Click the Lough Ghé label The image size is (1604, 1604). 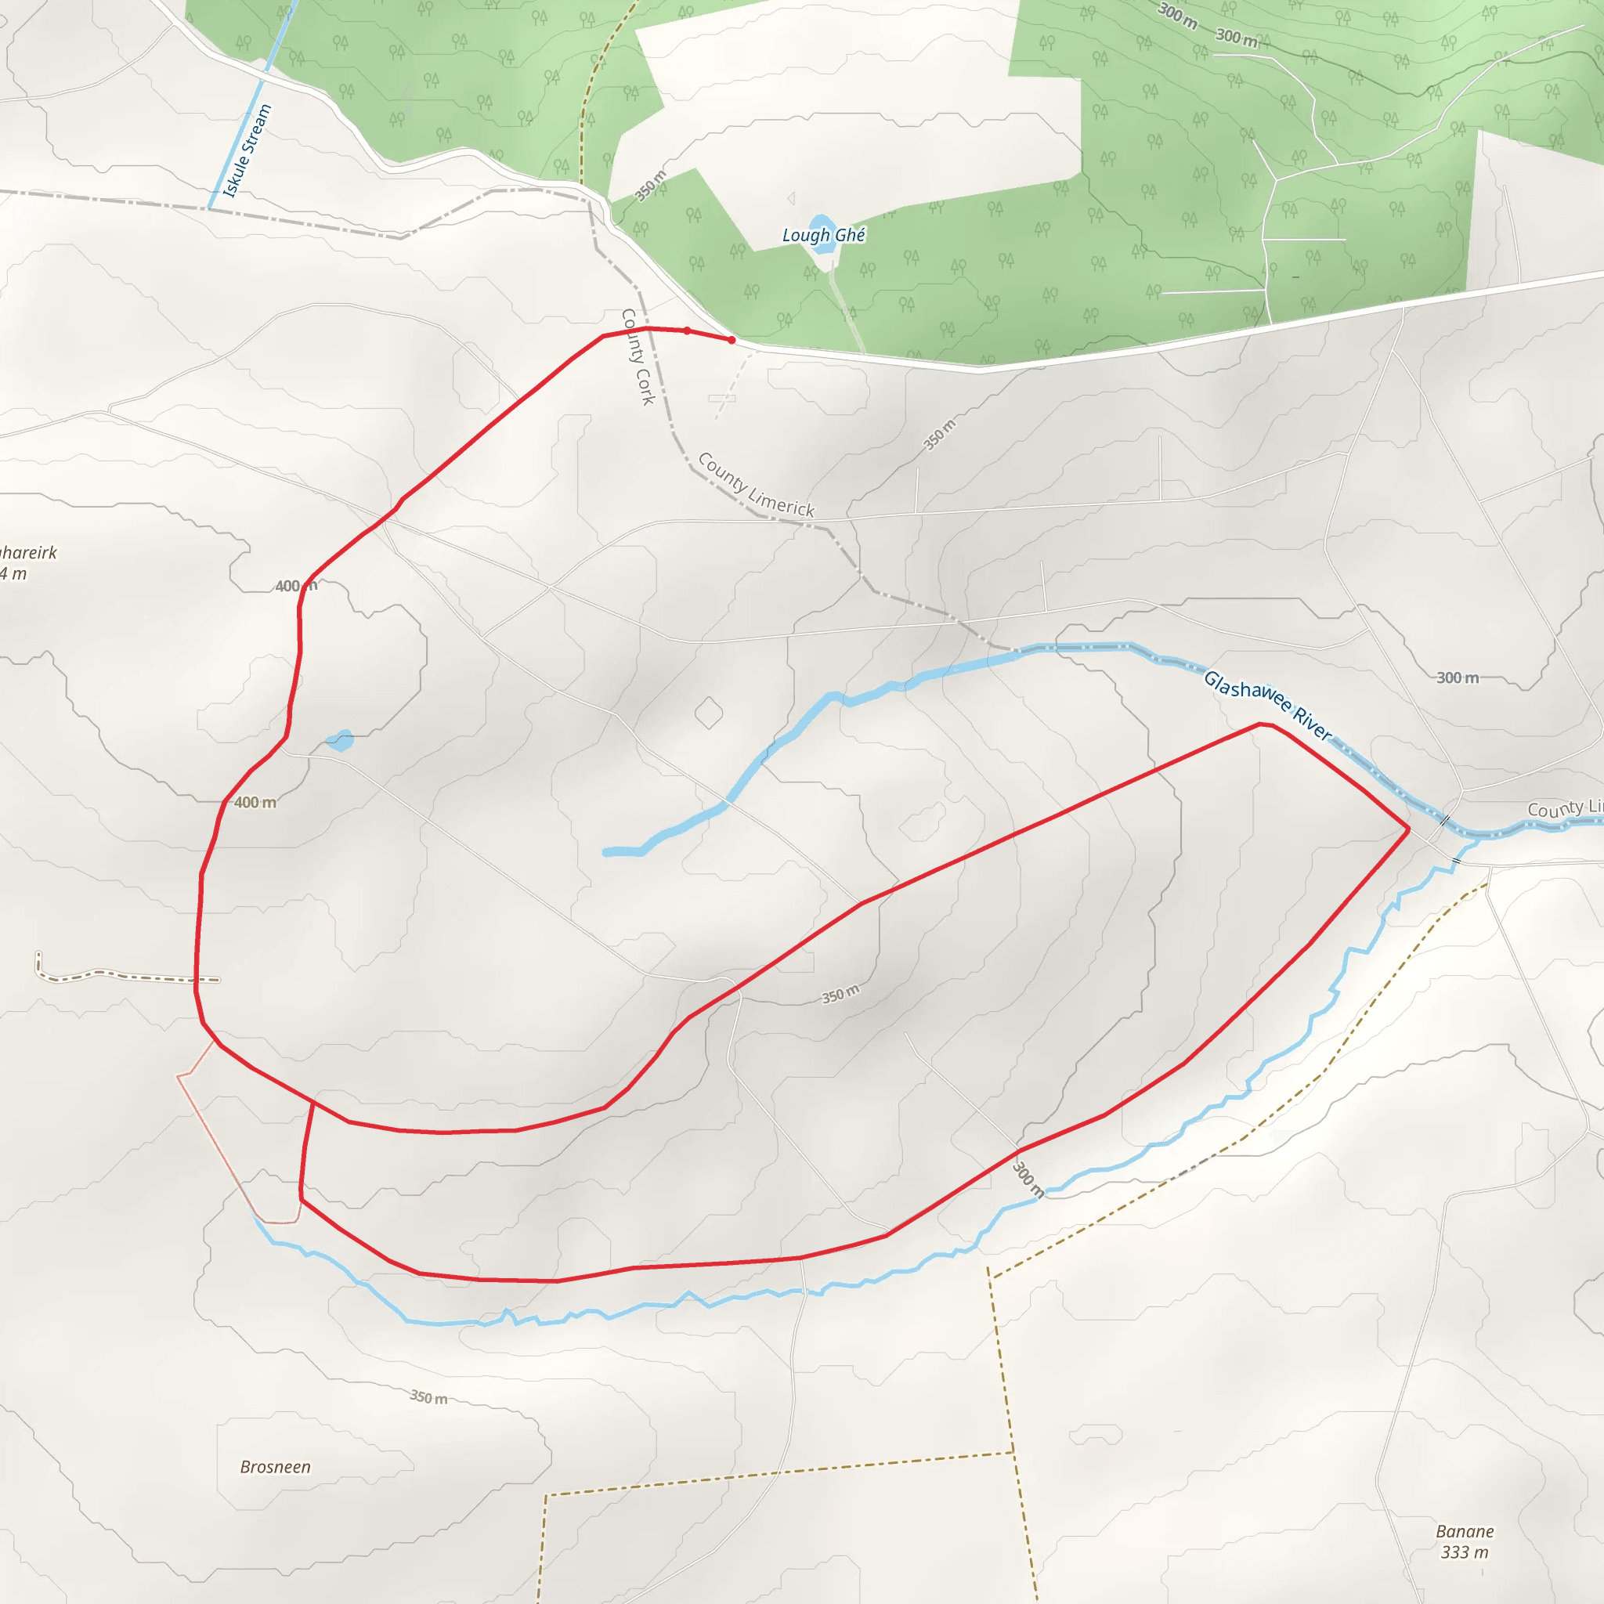(824, 236)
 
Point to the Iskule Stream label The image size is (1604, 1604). (248, 151)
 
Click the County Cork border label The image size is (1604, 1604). (638, 357)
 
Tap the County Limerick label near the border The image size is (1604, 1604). (756, 485)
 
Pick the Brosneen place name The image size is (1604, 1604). (276, 1467)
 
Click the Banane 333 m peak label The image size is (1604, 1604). (1465, 1541)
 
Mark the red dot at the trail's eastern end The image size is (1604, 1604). (732, 340)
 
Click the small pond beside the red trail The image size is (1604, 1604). (340, 741)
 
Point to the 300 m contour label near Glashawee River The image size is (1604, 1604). (1458, 677)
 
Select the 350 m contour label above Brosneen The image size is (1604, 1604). (428, 1397)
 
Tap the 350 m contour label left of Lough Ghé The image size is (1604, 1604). (650, 185)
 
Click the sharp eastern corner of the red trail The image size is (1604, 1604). (1408, 829)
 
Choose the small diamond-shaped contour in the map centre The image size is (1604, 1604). (708, 713)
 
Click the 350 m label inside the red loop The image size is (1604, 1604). (840, 994)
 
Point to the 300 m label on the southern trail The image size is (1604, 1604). (1028, 1179)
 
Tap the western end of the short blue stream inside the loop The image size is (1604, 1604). (607, 852)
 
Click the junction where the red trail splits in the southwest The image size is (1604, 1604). (313, 1103)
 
